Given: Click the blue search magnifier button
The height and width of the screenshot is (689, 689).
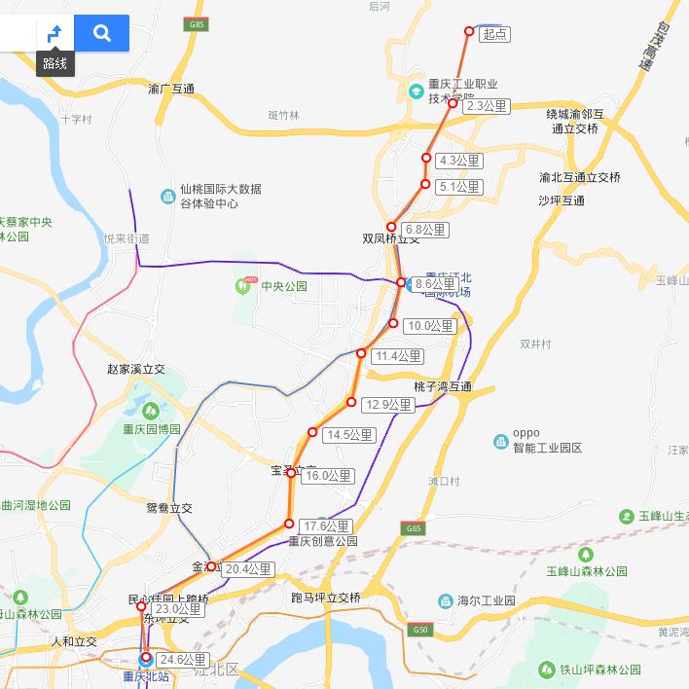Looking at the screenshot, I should tap(101, 33).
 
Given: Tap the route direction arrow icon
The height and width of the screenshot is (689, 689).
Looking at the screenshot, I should tap(55, 33).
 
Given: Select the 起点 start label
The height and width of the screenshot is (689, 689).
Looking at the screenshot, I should tap(494, 34).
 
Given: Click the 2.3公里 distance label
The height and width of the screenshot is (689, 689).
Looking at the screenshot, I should tap(487, 106).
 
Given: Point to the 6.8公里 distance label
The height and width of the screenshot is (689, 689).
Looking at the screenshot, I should tap(425, 230).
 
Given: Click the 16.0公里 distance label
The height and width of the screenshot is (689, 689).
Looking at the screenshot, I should tap(328, 476).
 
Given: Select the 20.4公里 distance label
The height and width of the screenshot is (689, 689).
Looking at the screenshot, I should tap(248, 569).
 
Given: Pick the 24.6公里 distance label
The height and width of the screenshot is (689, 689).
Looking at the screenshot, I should tap(182, 660).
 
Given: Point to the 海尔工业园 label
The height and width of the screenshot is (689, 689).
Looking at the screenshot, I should tap(486, 600).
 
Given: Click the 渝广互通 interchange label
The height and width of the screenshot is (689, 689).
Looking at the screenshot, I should tap(171, 90).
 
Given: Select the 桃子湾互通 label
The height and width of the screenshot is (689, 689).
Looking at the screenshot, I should tap(442, 387).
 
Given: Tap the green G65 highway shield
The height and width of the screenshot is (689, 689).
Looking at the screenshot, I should tap(414, 528).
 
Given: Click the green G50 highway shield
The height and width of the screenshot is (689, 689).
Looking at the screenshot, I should tap(420, 629).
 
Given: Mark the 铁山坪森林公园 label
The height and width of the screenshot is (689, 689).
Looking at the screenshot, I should tap(599, 670).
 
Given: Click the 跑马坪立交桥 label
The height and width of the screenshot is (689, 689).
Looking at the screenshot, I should tap(326, 597).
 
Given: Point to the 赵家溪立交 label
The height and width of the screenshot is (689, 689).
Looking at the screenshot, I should tap(136, 370).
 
